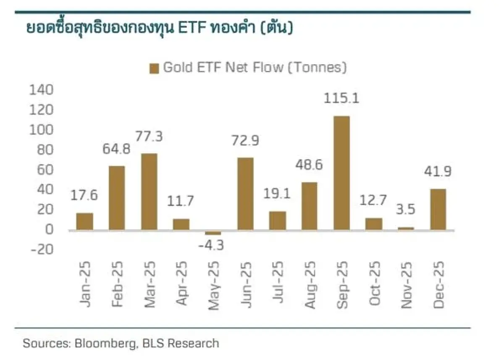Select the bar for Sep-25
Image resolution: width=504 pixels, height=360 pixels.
[x=341, y=173]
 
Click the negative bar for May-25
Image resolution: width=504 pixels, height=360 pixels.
[x=213, y=233]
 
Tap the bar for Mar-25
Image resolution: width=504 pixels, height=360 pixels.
[x=149, y=192]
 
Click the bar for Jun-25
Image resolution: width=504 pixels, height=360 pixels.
[x=245, y=194]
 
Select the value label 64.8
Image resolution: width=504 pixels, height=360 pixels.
[x=117, y=149]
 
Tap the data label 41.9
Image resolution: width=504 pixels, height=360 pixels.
[x=437, y=172]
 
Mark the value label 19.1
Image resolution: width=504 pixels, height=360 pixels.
[x=278, y=194]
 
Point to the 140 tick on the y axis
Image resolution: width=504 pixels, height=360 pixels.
[x=41, y=90]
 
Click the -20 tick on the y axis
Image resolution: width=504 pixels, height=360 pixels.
[x=41, y=250]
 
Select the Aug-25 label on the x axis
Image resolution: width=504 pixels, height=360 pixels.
[x=310, y=285]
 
